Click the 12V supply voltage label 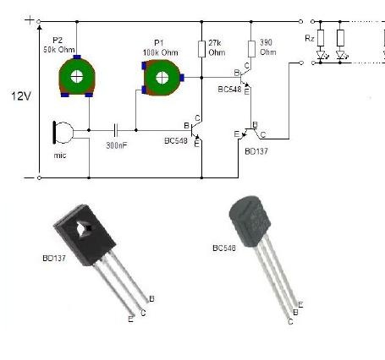tap(21, 96)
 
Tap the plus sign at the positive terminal tap(29, 20)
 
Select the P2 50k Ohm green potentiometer tap(77, 76)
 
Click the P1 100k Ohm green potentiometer tap(162, 78)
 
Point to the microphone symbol tap(63, 133)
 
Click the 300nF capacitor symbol tap(115, 130)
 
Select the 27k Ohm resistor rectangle tap(201, 49)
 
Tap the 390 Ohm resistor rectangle tap(251, 49)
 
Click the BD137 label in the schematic tap(256, 151)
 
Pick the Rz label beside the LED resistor tap(310, 38)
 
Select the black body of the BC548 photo tap(250, 221)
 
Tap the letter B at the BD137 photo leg tap(151, 299)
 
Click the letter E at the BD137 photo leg tap(130, 319)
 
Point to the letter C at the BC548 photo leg tap(290, 321)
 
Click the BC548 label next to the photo tap(224, 248)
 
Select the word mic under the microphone tap(60, 155)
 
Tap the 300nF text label tap(117, 145)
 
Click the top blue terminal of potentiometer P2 tap(77, 57)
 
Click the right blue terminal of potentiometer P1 tap(182, 77)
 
